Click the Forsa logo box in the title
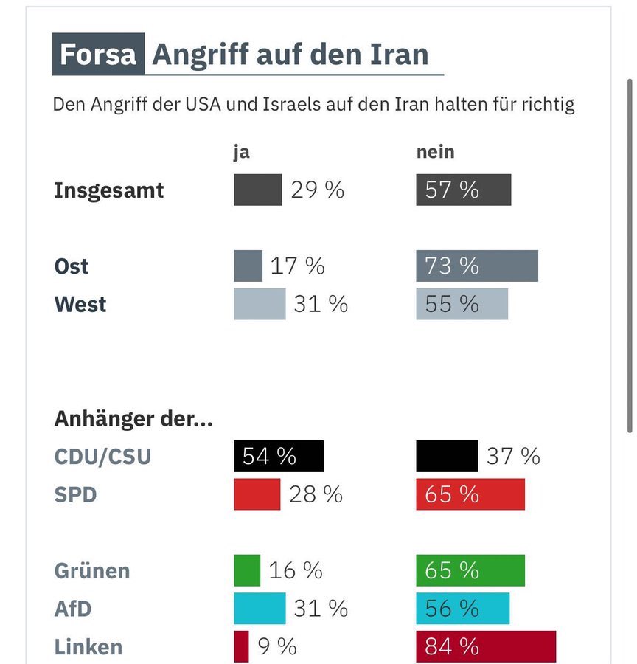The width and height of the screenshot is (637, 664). [x=98, y=55]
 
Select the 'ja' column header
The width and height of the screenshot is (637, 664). [x=241, y=152]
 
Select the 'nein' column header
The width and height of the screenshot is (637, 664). [x=435, y=152]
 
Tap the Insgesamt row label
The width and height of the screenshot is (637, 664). [x=109, y=190]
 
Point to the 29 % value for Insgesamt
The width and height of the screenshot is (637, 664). [x=317, y=190]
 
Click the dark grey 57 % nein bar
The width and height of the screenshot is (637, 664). [x=463, y=190]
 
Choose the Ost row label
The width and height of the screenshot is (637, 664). [x=72, y=266]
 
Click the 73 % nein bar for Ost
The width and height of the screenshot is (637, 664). [x=476, y=266]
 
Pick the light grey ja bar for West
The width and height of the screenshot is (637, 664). [x=260, y=304]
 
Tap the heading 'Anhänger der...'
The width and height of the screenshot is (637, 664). [x=133, y=419]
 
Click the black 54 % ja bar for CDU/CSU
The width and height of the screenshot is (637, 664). [x=278, y=457]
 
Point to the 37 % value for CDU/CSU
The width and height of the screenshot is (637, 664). [x=513, y=457]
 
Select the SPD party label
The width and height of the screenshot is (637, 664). [x=75, y=494]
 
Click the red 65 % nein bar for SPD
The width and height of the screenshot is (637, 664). [x=470, y=494]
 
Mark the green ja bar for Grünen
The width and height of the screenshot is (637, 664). [x=247, y=570]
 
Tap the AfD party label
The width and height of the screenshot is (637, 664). [x=74, y=609]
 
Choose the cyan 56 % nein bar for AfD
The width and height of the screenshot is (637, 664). [x=462, y=609]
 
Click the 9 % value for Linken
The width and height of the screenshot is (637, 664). [x=277, y=647]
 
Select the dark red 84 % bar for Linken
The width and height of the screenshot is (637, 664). [x=485, y=647]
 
